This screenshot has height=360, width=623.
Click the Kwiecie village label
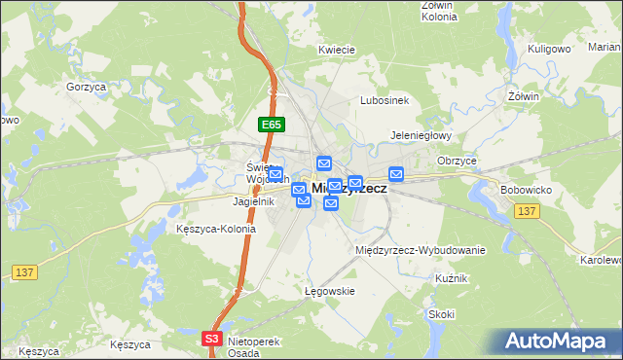click(x=335, y=49)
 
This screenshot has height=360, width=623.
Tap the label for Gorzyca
click(x=86, y=87)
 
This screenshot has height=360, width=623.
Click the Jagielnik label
click(x=253, y=201)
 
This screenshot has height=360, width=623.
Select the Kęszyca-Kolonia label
click(x=216, y=230)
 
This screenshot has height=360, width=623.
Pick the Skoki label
click(x=441, y=314)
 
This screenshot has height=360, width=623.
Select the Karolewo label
click(x=601, y=261)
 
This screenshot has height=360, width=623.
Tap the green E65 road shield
click(x=272, y=125)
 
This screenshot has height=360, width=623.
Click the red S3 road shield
click(x=212, y=339)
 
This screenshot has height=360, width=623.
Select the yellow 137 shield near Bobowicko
click(x=529, y=211)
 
